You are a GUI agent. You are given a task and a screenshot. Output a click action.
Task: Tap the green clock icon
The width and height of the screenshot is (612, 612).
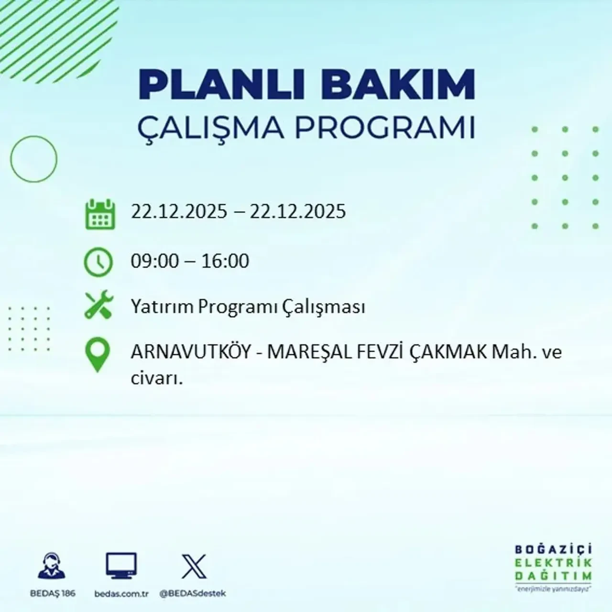tap(98, 262)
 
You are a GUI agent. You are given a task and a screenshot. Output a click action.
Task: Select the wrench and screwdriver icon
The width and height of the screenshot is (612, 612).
tap(98, 306)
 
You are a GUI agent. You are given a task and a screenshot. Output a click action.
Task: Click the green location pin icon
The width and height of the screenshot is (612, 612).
tap(97, 355)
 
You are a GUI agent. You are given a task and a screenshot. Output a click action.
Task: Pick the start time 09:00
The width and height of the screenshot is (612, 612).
tap(154, 261)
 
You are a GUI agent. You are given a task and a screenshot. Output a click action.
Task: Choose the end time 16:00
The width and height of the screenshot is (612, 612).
tap(225, 261)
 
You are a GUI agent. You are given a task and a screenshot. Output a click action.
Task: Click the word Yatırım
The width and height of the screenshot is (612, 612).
tap(162, 306)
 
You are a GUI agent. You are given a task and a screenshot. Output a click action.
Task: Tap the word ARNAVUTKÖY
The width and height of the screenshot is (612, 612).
tap(190, 352)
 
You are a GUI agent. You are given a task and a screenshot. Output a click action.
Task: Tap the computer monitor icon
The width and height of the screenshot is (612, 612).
tap(121, 566)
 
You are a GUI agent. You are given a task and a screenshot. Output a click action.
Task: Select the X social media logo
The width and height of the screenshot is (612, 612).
tap(194, 567)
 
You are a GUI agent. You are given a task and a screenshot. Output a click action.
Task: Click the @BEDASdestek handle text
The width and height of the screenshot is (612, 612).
tap(193, 593)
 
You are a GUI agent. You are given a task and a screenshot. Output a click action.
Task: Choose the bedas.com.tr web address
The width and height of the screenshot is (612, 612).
tap(121, 593)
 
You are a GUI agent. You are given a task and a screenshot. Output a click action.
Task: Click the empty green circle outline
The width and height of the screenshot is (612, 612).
tap(33, 159)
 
